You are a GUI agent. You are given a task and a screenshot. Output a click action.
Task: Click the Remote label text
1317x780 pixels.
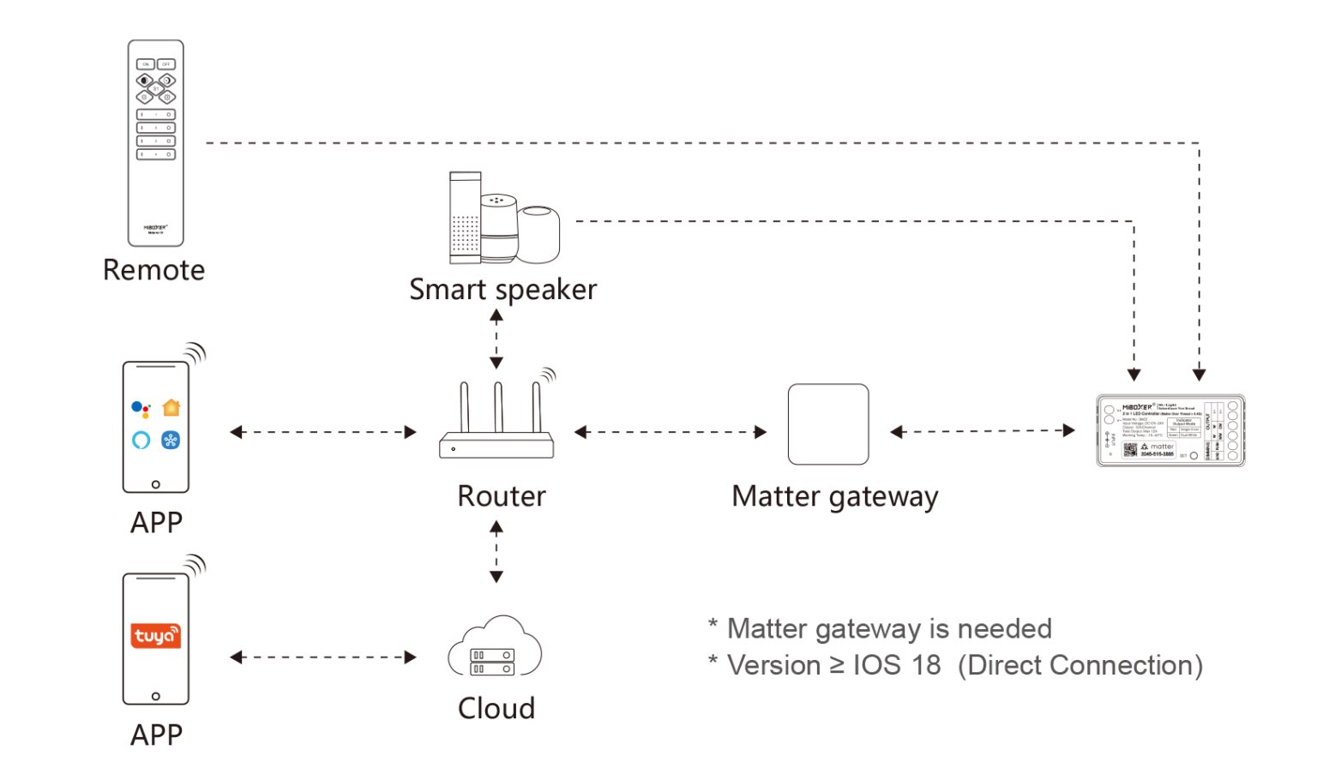click(x=154, y=270)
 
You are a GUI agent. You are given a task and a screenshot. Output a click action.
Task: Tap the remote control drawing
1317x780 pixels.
click(x=156, y=142)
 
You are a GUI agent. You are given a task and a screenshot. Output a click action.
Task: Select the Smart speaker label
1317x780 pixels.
click(x=502, y=290)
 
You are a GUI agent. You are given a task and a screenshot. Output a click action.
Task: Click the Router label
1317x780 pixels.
click(x=502, y=496)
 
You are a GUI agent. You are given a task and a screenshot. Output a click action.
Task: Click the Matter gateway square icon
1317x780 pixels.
click(x=828, y=424)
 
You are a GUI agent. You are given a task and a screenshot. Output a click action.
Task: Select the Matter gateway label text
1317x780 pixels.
click(x=835, y=497)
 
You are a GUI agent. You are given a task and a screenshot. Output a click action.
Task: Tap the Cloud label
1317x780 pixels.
click(x=496, y=709)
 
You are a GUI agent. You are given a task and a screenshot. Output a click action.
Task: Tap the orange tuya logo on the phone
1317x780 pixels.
click(x=156, y=635)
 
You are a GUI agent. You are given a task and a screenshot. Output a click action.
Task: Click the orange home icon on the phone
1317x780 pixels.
click(x=171, y=407)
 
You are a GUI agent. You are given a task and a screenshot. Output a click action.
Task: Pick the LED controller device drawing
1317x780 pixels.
click(x=1170, y=430)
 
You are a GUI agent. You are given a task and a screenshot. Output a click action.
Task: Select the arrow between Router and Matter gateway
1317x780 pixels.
click(x=670, y=432)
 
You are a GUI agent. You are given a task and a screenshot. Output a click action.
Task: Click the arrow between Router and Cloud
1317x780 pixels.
click(x=496, y=553)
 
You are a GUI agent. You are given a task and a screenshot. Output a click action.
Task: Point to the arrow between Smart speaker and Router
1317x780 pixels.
click(x=496, y=339)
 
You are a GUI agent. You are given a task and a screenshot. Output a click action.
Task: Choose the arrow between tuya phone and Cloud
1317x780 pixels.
click(x=323, y=657)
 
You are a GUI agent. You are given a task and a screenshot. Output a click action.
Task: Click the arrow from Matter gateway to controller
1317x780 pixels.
click(x=983, y=431)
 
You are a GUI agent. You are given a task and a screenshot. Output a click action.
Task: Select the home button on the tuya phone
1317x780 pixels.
click(x=155, y=696)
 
